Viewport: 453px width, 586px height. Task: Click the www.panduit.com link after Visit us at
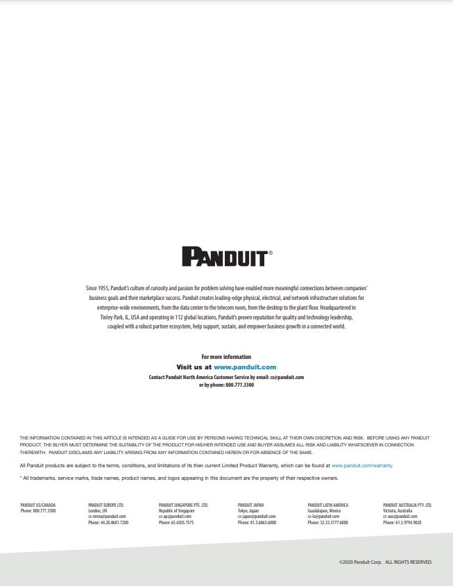click(x=245, y=367)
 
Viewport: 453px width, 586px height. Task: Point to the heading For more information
click(x=226, y=357)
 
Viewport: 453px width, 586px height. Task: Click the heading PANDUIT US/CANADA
click(x=38, y=505)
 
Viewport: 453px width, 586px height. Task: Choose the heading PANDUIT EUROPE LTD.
click(x=106, y=505)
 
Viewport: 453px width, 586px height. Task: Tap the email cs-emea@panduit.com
click(x=108, y=517)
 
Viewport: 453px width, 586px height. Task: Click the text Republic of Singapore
click(x=177, y=511)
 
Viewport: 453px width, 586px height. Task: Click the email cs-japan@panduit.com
click(x=257, y=517)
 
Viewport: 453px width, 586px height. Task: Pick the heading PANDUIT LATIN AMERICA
click(x=327, y=505)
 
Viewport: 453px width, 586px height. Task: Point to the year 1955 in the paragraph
click(x=104, y=287)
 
